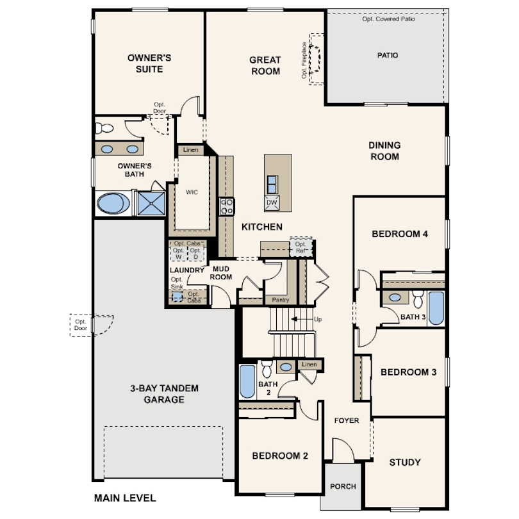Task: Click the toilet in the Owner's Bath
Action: (104, 128)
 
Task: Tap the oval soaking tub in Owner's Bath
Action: (113, 204)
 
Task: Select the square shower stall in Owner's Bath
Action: (151, 204)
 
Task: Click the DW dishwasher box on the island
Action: (272, 203)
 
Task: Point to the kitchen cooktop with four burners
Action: (227, 206)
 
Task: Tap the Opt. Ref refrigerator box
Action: (301, 247)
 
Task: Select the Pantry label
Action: (281, 300)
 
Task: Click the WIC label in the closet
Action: (192, 192)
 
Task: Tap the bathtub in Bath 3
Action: (436, 308)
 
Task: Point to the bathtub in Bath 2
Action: (247, 381)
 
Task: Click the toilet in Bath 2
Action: (267, 369)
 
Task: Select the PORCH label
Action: (343, 486)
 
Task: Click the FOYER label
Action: (347, 420)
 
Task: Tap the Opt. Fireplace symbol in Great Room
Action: (316, 59)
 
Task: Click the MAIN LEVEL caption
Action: (125, 498)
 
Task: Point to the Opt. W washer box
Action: (178, 254)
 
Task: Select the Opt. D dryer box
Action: (195, 254)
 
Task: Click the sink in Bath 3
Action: (395, 297)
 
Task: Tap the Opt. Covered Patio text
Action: (388, 19)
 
